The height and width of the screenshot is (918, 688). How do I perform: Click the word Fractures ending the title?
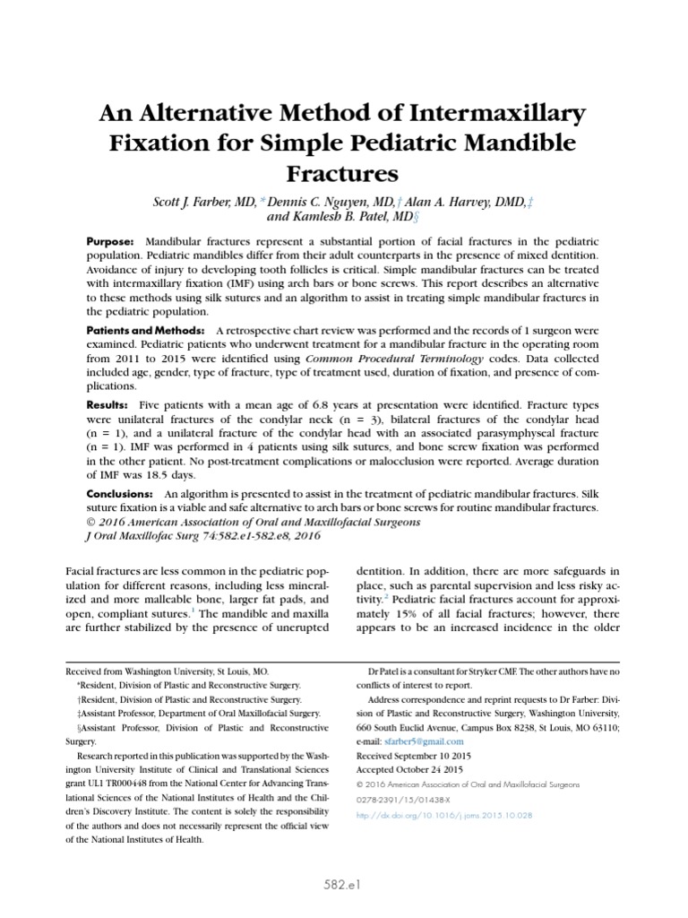tap(344, 170)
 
